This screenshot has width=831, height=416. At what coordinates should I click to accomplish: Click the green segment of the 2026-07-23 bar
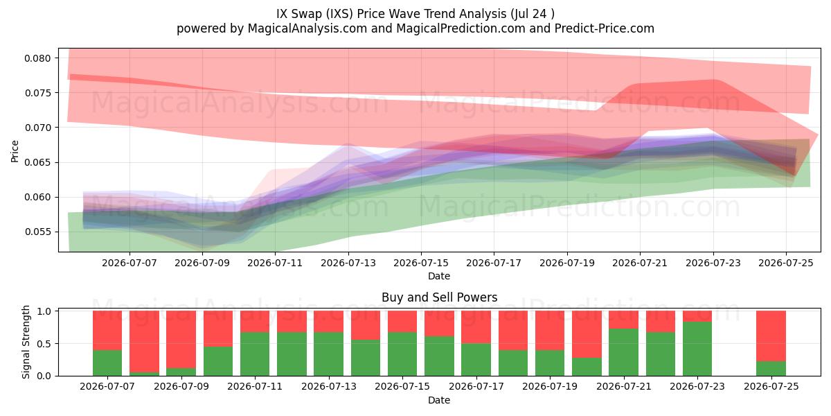(x=697, y=349)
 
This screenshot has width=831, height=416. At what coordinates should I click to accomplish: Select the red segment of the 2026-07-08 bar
(x=144, y=341)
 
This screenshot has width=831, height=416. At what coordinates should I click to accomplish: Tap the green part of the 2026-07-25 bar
(x=771, y=368)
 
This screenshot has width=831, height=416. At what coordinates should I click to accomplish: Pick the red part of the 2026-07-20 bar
(x=587, y=334)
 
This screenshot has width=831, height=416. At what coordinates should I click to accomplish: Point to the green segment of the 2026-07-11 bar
(x=255, y=354)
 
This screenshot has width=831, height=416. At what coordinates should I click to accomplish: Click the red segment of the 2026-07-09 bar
(x=181, y=340)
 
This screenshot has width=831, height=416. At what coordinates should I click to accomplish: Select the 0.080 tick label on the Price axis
(x=37, y=58)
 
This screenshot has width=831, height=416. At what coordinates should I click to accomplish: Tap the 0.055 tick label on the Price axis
(x=37, y=232)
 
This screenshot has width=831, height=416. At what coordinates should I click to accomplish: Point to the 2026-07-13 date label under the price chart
(x=348, y=263)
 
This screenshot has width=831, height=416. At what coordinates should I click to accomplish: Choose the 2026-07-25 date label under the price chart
(x=786, y=263)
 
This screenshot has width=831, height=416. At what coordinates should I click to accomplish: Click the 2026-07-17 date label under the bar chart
(x=476, y=386)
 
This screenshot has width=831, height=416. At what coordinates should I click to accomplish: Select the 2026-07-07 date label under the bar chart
(x=107, y=386)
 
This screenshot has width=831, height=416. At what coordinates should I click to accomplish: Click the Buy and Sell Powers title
(x=439, y=297)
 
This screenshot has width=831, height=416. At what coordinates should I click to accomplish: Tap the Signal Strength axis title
(x=26, y=342)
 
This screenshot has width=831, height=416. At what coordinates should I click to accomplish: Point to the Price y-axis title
(x=15, y=151)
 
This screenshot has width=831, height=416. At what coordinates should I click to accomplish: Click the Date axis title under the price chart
(x=439, y=276)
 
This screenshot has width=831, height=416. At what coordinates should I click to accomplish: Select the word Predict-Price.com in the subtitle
(x=605, y=28)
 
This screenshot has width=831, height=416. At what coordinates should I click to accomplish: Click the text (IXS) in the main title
(x=341, y=14)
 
